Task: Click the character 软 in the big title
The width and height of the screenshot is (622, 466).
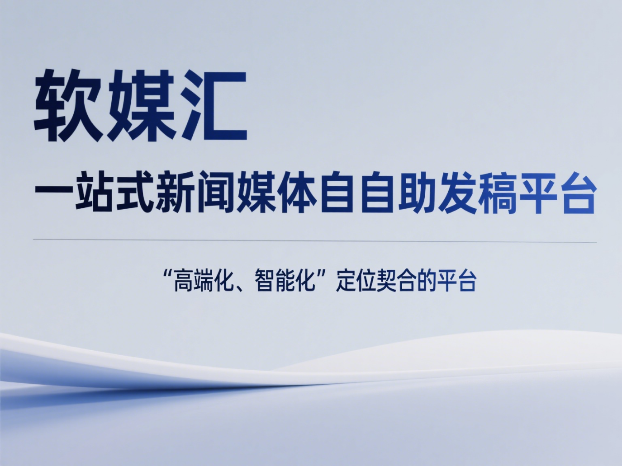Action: tap(67, 105)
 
